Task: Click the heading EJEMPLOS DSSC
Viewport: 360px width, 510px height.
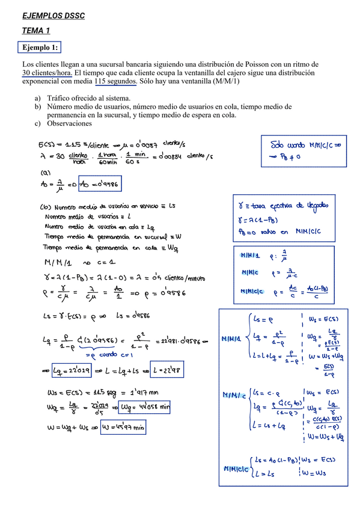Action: tap(53, 16)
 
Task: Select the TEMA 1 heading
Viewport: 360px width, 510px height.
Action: tap(36, 30)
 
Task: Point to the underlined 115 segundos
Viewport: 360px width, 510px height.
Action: tap(116, 81)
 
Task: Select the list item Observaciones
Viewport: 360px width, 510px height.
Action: tap(70, 123)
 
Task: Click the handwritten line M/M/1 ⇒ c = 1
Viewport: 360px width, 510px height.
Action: tap(81, 263)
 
